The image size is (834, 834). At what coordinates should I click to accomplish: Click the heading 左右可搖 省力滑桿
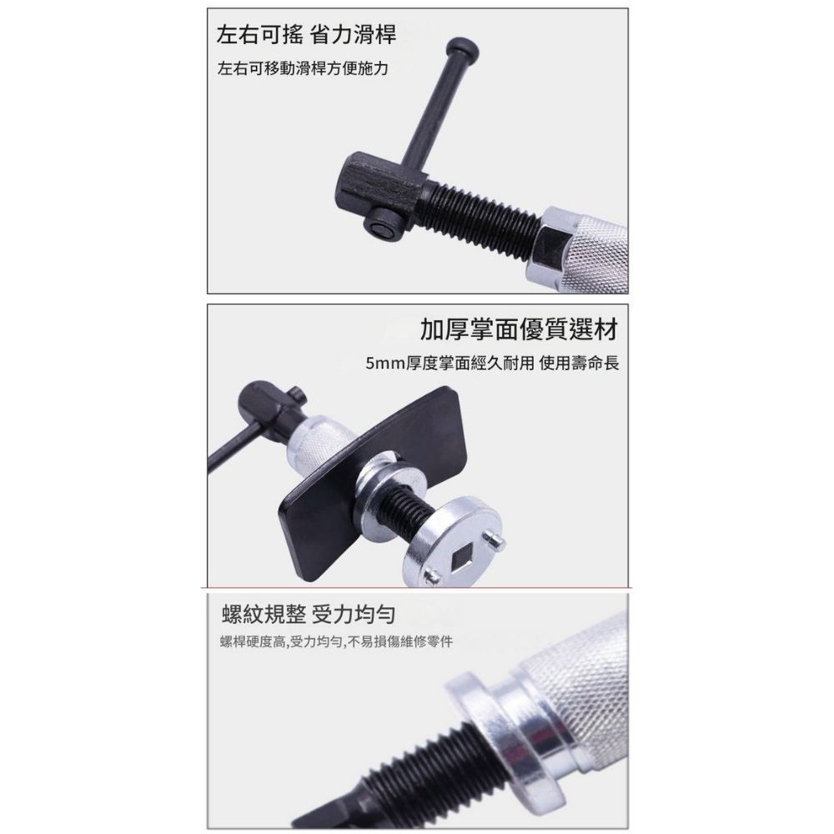[305, 35]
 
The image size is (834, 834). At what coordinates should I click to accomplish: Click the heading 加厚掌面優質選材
[519, 331]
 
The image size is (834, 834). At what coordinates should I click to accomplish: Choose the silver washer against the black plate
[381, 488]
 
